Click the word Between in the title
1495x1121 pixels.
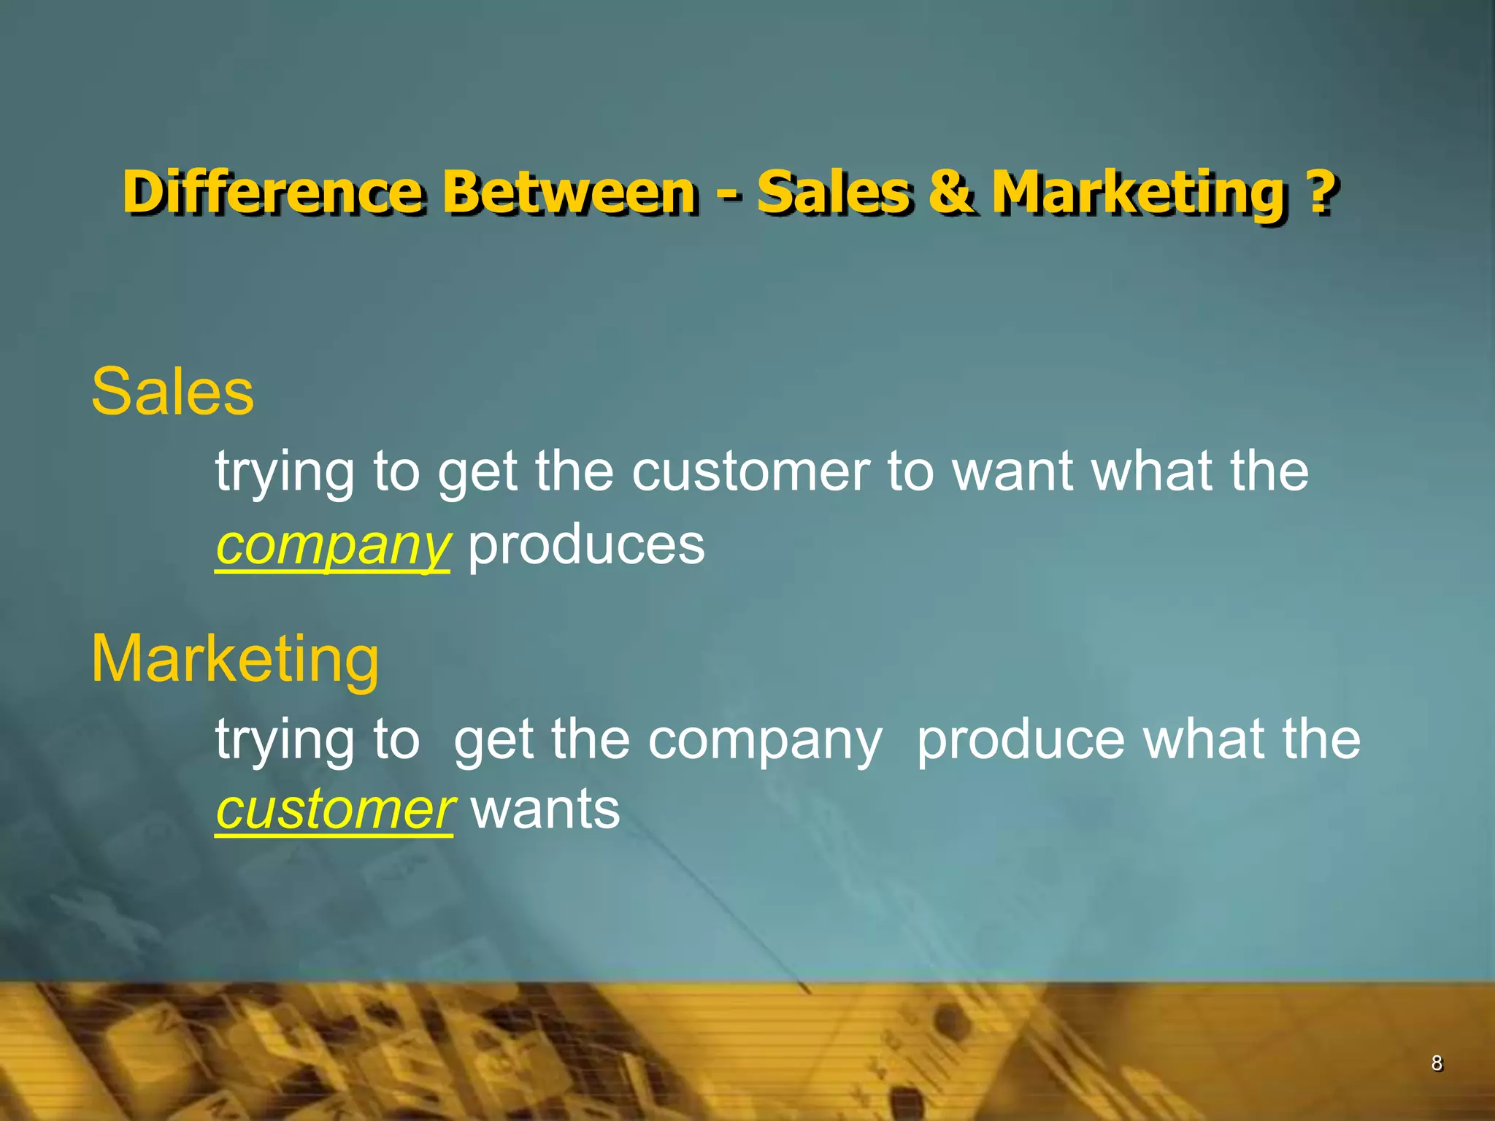coord(569,192)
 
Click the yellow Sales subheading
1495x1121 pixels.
coord(172,392)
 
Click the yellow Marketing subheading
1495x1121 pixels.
coord(234,659)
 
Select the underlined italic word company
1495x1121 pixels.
coord(332,546)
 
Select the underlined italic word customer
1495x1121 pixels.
coord(334,810)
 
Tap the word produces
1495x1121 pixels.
coord(586,546)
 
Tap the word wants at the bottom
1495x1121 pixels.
coord(545,810)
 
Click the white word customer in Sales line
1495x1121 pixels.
coord(751,471)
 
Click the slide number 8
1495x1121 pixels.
coord(1436,1063)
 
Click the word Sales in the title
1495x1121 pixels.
coord(834,192)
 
